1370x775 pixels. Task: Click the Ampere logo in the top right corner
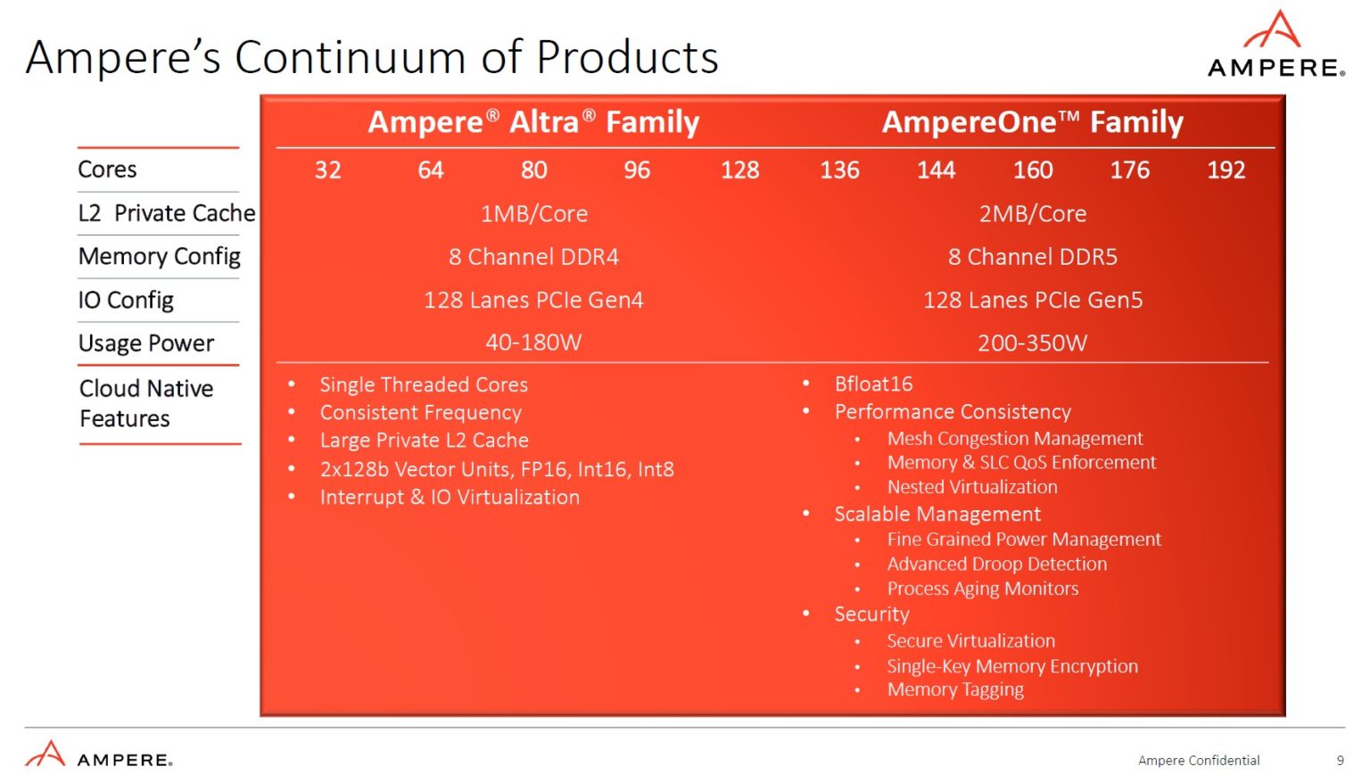point(1275,45)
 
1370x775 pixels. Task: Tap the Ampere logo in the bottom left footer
point(98,755)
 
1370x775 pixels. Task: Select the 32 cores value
point(327,170)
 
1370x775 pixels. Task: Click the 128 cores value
point(739,170)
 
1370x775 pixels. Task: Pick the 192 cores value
point(1226,170)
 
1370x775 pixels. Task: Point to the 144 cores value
point(936,170)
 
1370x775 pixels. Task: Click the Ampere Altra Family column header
point(533,122)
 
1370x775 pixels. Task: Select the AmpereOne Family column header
point(1032,122)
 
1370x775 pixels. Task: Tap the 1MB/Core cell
point(533,214)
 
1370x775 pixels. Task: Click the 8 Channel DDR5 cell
point(1032,257)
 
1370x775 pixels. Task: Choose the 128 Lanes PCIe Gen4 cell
point(533,300)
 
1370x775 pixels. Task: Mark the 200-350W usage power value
point(1032,343)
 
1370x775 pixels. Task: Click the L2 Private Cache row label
point(167,213)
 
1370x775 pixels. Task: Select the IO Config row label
point(126,301)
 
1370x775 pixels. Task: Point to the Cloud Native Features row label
point(146,403)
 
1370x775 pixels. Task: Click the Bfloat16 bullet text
point(873,384)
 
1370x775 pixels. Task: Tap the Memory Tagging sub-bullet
point(955,689)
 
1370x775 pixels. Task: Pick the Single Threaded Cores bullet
point(424,385)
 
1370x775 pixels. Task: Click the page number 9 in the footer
point(1340,761)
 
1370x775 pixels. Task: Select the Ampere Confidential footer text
point(1199,761)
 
